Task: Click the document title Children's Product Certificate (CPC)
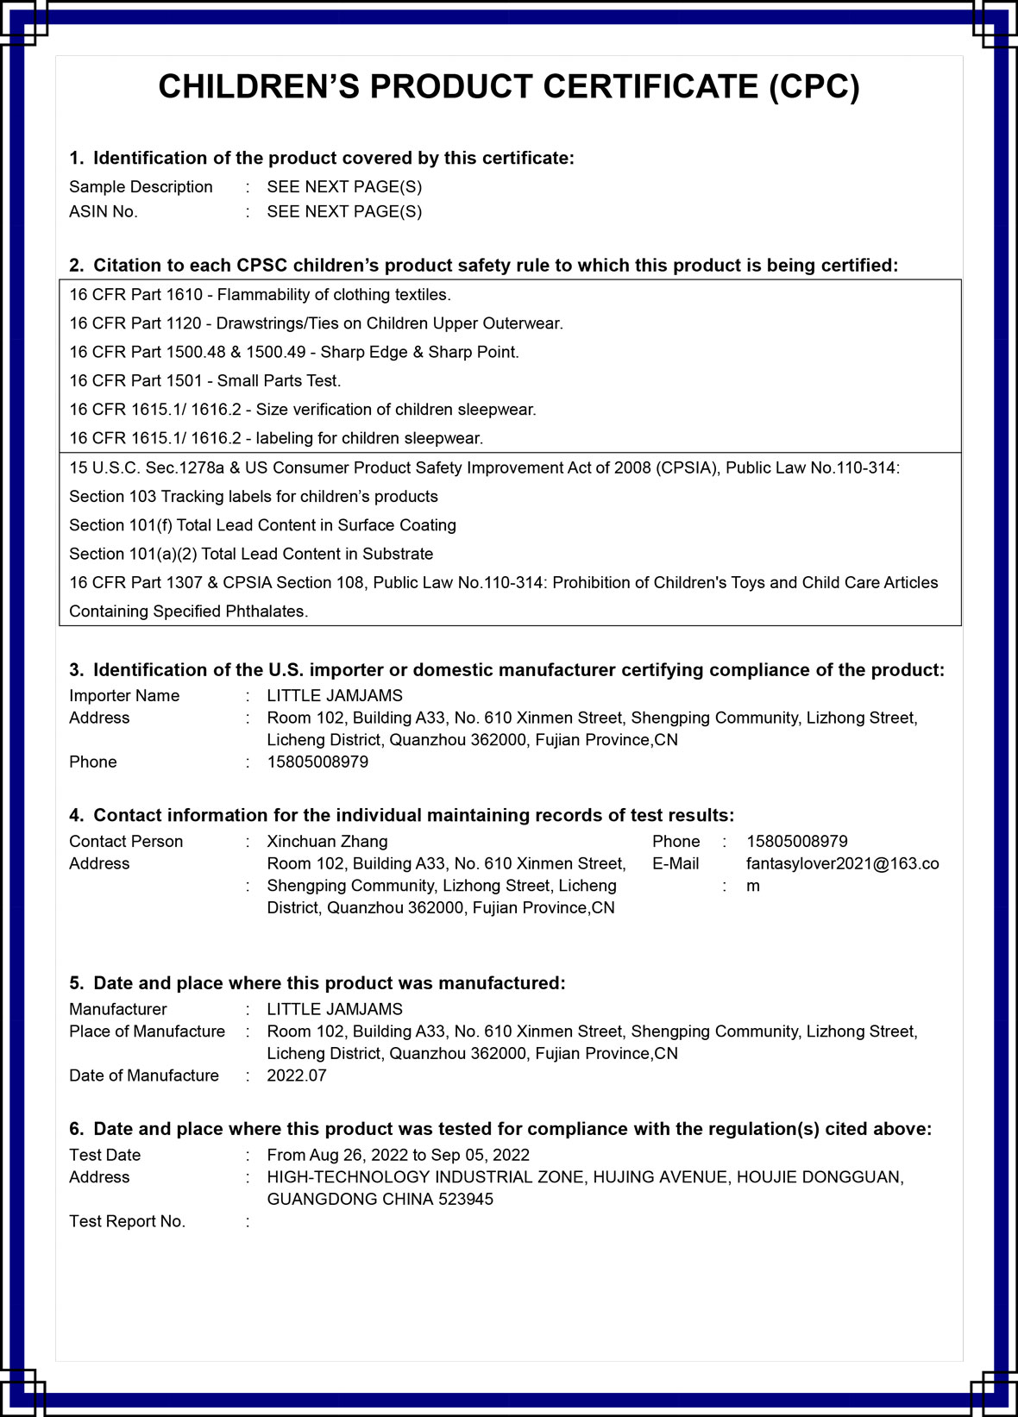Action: pyautogui.click(x=509, y=87)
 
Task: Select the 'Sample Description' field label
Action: pyautogui.click(x=141, y=187)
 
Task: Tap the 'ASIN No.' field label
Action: pyautogui.click(x=104, y=212)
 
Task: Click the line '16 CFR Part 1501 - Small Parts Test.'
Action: pyautogui.click(x=205, y=381)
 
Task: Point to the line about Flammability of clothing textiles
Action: pyautogui.click(x=260, y=295)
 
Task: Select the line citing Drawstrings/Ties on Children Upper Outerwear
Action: pyautogui.click(x=316, y=323)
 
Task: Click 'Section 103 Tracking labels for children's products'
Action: pyautogui.click(x=254, y=497)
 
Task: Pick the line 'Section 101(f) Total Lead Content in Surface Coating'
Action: pyautogui.click(x=262, y=525)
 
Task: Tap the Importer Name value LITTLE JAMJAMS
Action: pyautogui.click(x=335, y=696)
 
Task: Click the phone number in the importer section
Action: pyautogui.click(x=317, y=762)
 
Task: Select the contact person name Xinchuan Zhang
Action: pyautogui.click(x=327, y=842)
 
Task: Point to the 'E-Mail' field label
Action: pyautogui.click(x=676, y=864)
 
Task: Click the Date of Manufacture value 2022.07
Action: pyautogui.click(x=297, y=1075)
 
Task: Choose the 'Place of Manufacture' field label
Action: pyautogui.click(x=147, y=1031)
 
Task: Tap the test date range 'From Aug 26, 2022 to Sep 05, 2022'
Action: pyautogui.click(x=398, y=1156)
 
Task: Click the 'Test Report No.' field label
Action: pyautogui.click(x=127, y=1221)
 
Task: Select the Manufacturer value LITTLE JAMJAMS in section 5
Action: pyautogui.click(x=335, y=1009)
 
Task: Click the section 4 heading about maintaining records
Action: pyautogui.click(x=402, y=816)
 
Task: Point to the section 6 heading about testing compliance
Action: pyautogui.click(x=500, y=1129)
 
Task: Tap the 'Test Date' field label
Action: pyautogui.click(x=104, y=1156)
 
